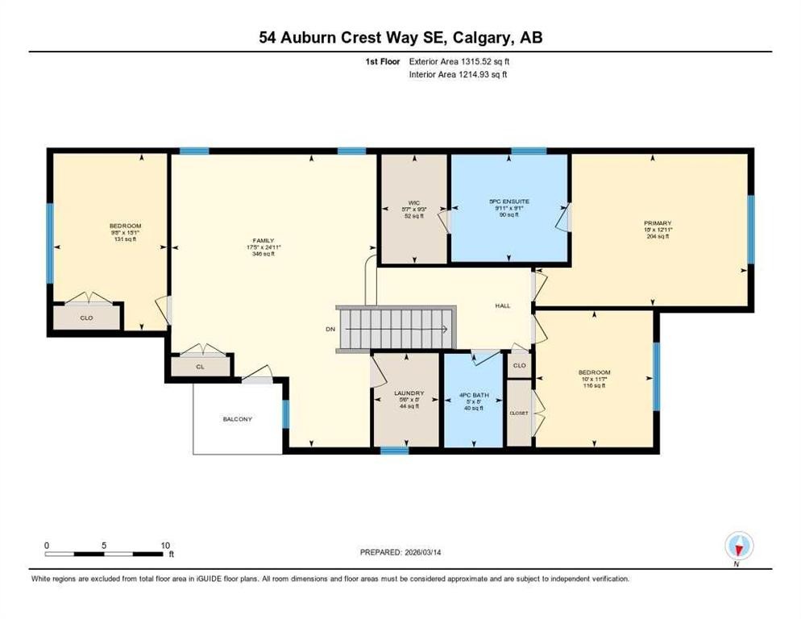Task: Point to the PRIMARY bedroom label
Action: click(x=657, y=223)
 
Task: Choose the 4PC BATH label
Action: click(x=475, y=394)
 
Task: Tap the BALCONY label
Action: click(x=238, y=419)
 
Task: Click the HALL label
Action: click(x=504, y=306)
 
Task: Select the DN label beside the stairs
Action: click(x=330, y=329)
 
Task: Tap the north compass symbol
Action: click(x=737, y=546)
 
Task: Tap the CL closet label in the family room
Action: click(x=201, y=366)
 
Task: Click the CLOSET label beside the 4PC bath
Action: click(x=518, y=412)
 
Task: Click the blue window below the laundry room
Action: click(x=394, y=451)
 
